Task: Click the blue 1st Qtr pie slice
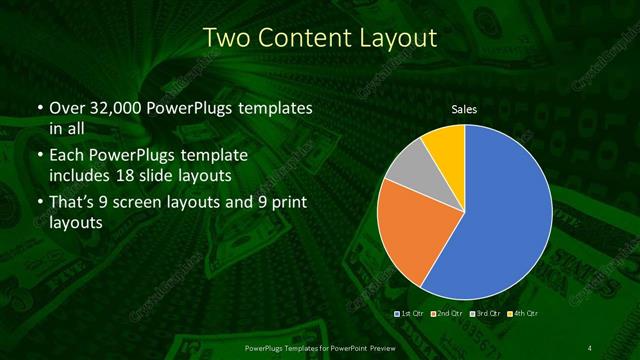click(505, 215)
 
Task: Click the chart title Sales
click(464, 108)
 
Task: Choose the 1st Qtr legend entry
click(412, 313)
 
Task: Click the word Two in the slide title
click(226, 39)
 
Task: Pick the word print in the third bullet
click(283, 203)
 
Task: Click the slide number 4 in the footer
click(590, 347)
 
